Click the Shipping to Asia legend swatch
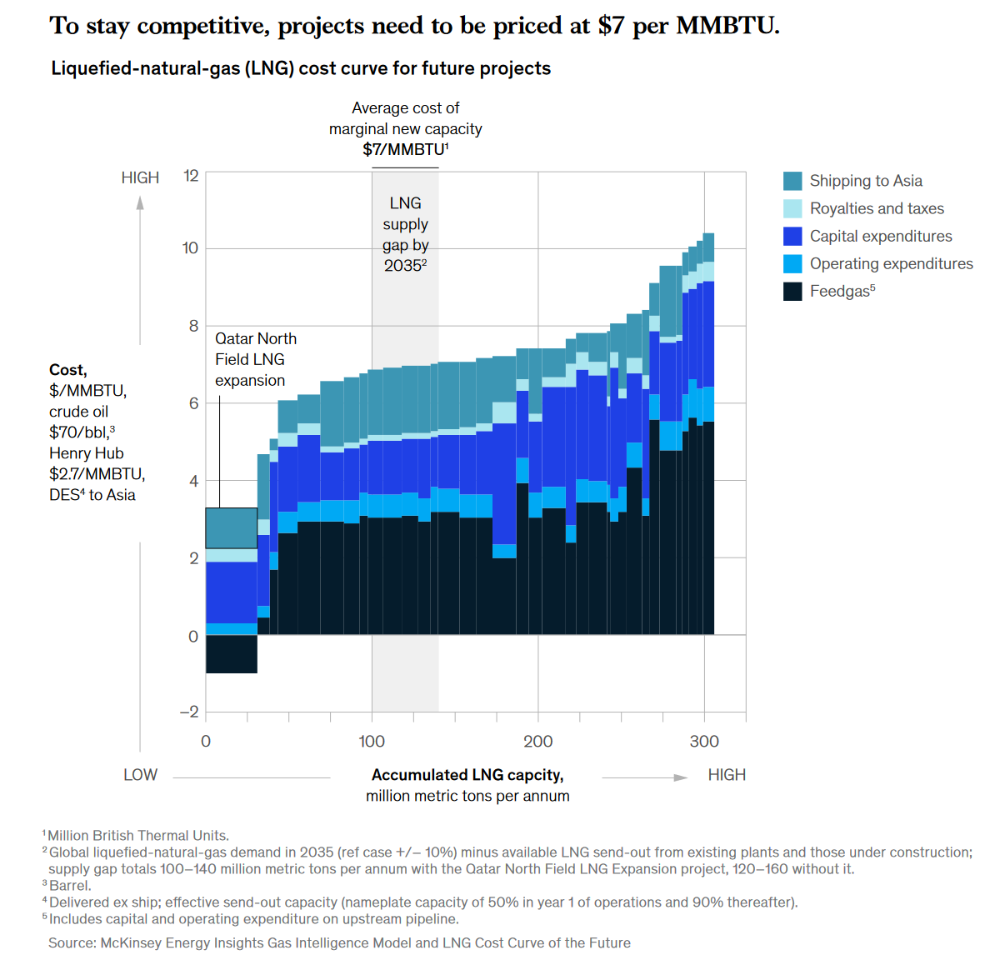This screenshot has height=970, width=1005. coord(792,181)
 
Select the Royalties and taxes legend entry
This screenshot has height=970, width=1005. coord(877,208)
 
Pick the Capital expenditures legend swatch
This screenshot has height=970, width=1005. coord(792,236)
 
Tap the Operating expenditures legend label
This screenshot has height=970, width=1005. coord(891,263)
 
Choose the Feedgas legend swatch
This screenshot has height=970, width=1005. coord(792,291)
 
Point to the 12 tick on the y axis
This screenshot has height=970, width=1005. coord(192,175)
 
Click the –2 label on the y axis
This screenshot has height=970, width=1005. coord(189,712)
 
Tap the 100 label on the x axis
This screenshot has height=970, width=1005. coord(372,741)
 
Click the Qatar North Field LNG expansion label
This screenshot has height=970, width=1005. coord(255,359)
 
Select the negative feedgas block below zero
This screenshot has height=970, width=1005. coord(231,654)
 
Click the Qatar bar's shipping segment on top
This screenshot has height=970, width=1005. coord(231,527)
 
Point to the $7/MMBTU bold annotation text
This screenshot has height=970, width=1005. coord(405,149)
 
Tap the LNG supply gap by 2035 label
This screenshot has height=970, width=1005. coord(405,234)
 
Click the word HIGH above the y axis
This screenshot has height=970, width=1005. coord(140,177)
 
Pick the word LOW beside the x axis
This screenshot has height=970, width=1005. coord(140,775)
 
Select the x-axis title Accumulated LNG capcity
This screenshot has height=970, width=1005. coord(467,775)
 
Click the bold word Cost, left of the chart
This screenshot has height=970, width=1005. coord(67,370)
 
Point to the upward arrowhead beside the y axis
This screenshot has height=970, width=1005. coord(140,202)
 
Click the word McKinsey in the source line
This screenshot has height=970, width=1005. coord(131,942)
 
